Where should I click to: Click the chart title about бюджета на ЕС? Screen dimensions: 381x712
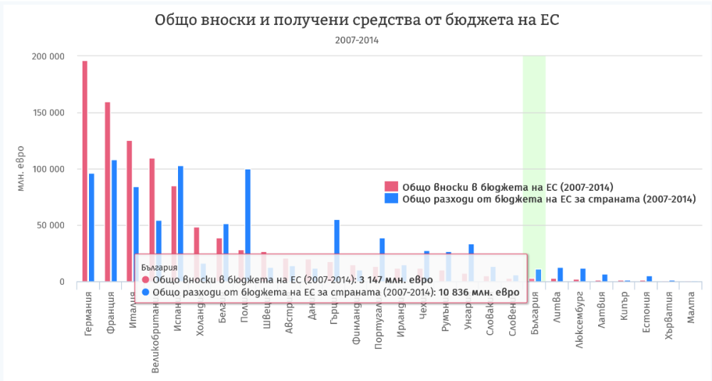coord(357,20)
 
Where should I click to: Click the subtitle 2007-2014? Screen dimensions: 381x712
coord(357,41)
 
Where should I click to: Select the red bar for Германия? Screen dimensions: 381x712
coord(85,171)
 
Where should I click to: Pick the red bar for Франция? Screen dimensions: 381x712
coord(108,192)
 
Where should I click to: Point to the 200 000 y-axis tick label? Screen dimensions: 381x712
coord(50,56)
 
